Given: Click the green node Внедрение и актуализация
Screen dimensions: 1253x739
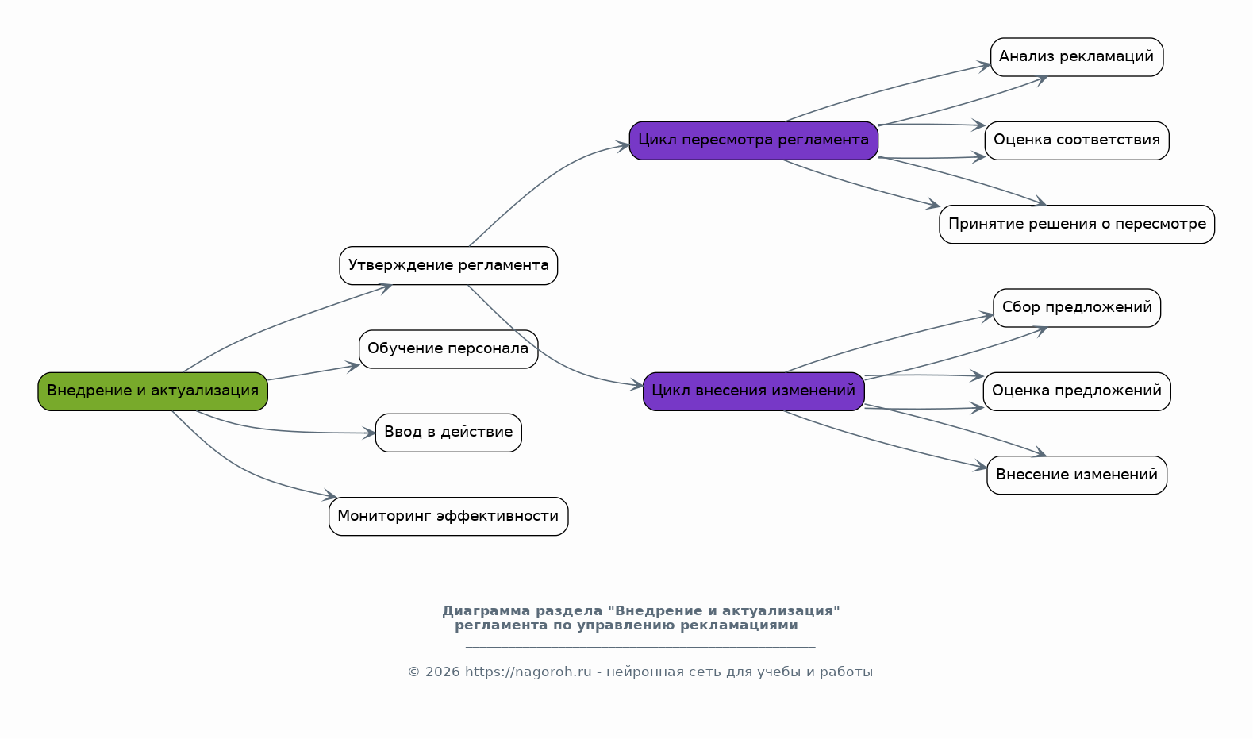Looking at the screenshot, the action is click(152, 391).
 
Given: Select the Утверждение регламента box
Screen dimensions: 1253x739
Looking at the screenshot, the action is click(448, 266).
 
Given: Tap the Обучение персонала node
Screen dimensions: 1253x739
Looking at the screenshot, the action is click(448, 349).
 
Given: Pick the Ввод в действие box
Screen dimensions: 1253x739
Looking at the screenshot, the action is click(448, 433).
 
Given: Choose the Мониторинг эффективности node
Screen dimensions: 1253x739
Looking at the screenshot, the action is click(448, 517).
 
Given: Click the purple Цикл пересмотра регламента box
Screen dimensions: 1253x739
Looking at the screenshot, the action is click(754, 141).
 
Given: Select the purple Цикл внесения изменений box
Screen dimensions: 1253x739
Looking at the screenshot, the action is click(754, 391).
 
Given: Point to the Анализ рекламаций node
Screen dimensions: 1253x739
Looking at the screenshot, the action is click(1077, 57).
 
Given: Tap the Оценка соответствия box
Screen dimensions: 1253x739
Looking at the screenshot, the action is click(1077, 141).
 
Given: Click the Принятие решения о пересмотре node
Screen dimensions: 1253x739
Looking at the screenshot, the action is click(1077, 225).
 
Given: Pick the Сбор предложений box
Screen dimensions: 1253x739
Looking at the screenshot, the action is click(1077, 308).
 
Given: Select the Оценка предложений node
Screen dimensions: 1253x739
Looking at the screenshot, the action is click(1077, 391).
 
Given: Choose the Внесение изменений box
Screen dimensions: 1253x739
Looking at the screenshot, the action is click(1077, 475).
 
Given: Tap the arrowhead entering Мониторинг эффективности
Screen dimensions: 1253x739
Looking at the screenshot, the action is click(330, 495).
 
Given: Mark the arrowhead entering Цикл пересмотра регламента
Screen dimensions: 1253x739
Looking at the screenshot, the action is click(623, 147).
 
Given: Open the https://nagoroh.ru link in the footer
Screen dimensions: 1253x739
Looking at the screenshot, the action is click(528, 672).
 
